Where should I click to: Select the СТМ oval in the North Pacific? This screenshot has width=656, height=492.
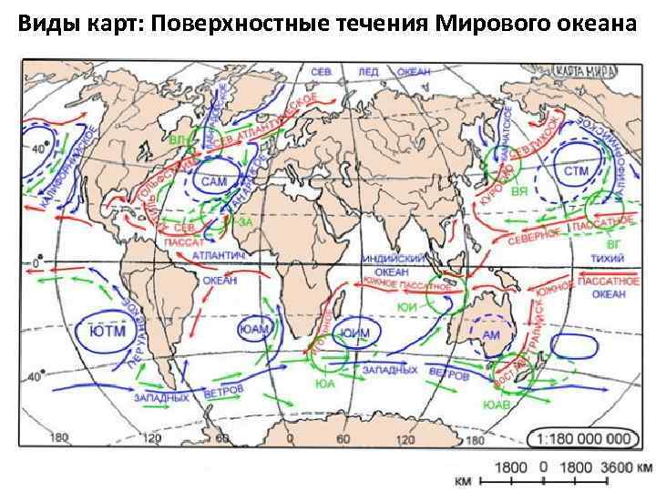point(577,171)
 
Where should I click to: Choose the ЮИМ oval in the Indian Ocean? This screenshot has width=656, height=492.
point(354,333)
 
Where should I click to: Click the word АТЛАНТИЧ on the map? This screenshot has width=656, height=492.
point(220,258)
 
